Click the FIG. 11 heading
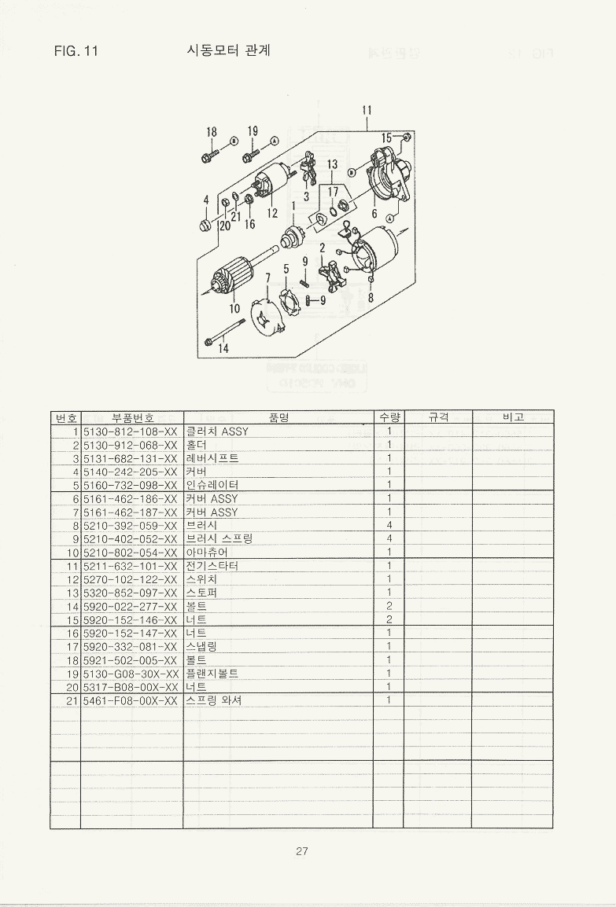(x=76, y=51)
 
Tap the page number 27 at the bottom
(x=301, y=851)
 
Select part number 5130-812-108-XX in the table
(x=131, y=431)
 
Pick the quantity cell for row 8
(x=389, y=525)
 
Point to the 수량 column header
(x=389, y=417)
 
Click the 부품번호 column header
(x=133, y=417)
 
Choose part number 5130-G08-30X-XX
(x=131, y=674)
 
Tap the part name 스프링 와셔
(x=214, y=700)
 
